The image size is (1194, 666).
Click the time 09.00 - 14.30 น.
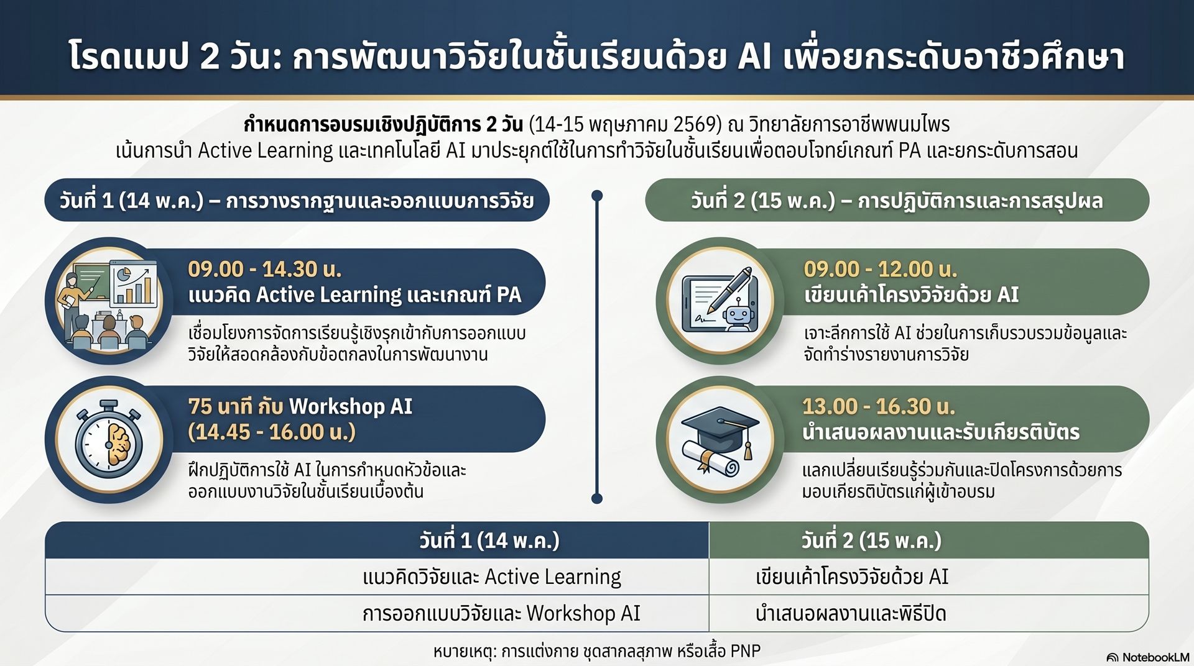(265, 269)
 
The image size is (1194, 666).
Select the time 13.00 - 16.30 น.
(878, 406)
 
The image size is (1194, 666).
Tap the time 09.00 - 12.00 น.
(881, 269)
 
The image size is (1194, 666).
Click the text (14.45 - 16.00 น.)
(272, 432)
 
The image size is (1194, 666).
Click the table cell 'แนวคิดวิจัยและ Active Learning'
(492, 577)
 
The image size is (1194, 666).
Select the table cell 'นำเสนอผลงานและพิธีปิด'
(851, 614)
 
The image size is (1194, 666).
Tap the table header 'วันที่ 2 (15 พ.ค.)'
(871, 541)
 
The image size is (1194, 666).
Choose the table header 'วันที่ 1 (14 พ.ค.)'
(489, 541)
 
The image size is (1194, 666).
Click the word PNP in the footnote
(745, 651)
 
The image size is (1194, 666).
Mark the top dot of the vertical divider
(597, 196)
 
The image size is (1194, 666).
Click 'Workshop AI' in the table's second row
(583, 614)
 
